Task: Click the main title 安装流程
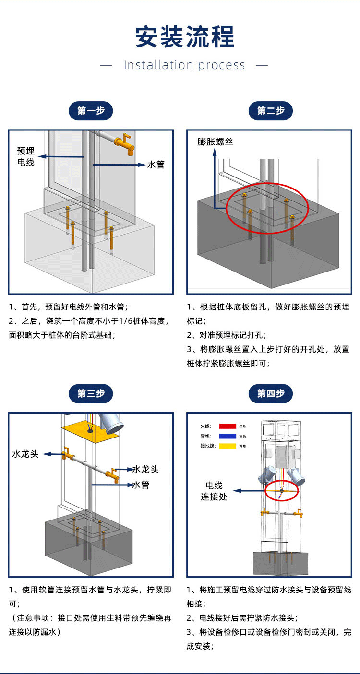[x=184, y=37]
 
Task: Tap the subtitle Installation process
[x=184, y=65]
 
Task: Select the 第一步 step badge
[x=91, y=111]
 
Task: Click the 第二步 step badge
[x=270, y=111]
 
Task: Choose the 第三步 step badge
[x=91, y=393]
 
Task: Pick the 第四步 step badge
[x=270, y=393]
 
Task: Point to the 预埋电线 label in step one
[x=26, y=156]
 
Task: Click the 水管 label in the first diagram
[x=156, y=165]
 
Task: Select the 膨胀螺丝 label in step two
[x=215, y=142]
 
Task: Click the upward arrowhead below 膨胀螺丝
[x=215, y=153]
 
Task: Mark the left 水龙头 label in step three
[x=25, y=453]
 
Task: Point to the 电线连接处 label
[x=214, y=491]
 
